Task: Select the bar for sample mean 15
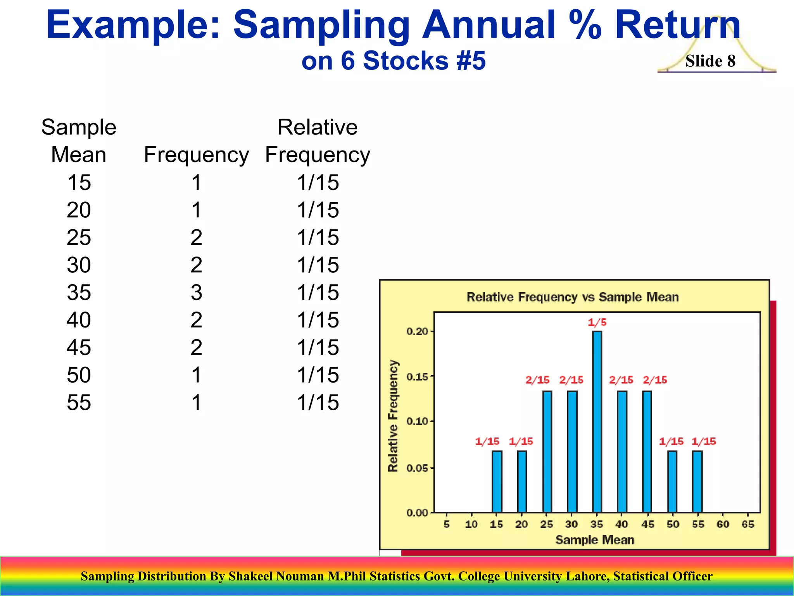[x=497, y=481]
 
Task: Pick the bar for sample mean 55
[x=697, y=481]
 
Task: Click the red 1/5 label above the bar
[x=597, y=322]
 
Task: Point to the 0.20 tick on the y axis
[x=418, y=331]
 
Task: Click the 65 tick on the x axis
[x=748, y=524]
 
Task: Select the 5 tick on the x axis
[x=447, y=524]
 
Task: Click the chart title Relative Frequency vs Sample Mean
[x=572, y=297]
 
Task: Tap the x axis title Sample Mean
[x=595, y=540]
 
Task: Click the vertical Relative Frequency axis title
[x=393, y=416]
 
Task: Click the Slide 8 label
[x=710, y=61]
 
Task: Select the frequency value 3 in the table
[x=196, y=292]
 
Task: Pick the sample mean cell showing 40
[x=79, y=320]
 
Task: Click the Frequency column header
[x=196, y=154]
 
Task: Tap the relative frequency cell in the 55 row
[x=318, y=402]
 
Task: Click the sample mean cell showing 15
[x=79, y=182]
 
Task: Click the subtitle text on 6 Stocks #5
[x=393, y=61]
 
